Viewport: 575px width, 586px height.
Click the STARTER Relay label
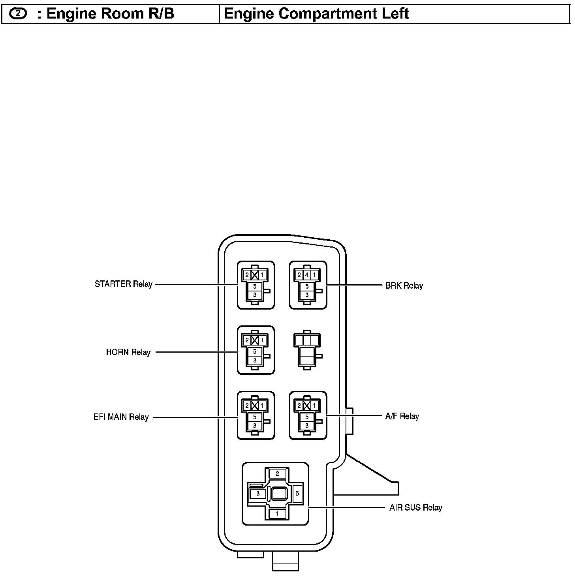pyautogui.click(x=123, y=284)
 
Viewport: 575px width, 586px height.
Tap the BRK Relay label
pyautogui.click(x=404, y=285)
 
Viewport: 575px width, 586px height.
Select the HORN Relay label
pyautogui.click(x=128, y=352)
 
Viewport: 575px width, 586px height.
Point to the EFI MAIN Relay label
pyautogui.click(x=121, y=417)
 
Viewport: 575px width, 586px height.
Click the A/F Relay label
pyautogui.click(x=402, y=416)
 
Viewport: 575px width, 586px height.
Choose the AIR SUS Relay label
pyautogui.click(x=415, y=508)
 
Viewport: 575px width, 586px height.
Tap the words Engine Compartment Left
pyautogui.click(x=316, y=14)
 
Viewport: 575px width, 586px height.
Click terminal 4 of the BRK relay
pyautogui.click(x=307, y=274)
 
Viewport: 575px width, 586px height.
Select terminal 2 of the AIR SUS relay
pyautogui.click(x=277, y=473)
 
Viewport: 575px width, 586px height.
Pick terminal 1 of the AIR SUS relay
pyautogui.click(x=277, y=514)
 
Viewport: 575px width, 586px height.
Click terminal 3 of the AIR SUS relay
pyautogui.click(x=258, y=494)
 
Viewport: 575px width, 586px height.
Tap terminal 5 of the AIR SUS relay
pyautogui.click(x=297, y=494)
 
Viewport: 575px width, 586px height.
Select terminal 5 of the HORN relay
pyautogui.click(x=255, y=351)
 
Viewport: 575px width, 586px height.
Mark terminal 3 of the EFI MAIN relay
pyautogui.click(x=255, y=426)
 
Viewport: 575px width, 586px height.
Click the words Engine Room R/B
pyautogui.click(x=110, y=14)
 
